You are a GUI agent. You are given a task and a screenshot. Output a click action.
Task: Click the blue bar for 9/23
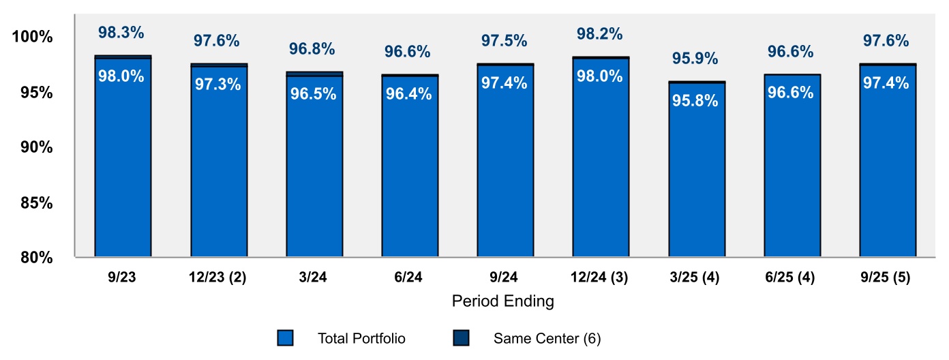(123, 164)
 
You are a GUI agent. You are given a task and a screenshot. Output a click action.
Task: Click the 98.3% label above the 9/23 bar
(121, 33)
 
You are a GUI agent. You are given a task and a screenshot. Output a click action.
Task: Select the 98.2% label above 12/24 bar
(600, 34)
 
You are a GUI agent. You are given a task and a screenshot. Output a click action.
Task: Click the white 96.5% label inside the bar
(314, 94)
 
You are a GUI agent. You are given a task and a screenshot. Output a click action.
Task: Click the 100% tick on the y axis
(33, 37)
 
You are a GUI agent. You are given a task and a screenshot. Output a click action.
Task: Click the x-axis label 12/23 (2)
(218, 277)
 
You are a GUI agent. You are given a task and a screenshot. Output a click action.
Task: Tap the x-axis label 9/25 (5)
(887, 277)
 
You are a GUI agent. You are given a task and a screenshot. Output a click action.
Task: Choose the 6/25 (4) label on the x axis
(792, 277)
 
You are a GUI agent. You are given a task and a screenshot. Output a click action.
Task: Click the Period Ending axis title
(503, 301)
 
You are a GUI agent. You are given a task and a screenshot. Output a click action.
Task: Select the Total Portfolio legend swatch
(286, 338)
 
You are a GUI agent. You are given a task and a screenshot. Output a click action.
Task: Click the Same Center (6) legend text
(547, 338)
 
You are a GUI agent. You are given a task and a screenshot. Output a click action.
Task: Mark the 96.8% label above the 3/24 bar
(312, 49)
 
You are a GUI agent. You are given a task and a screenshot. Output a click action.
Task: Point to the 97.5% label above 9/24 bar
(504, 41)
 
